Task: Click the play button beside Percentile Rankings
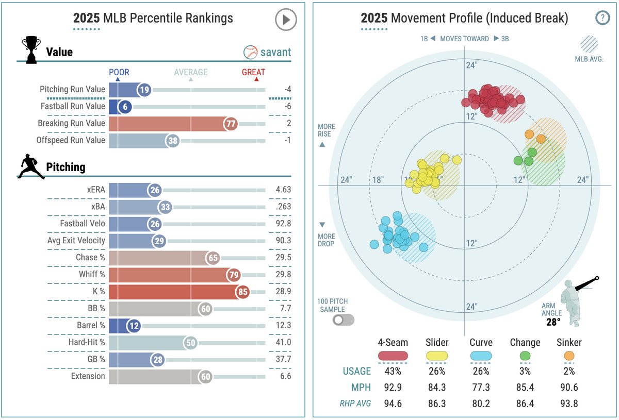286,20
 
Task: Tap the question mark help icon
602,18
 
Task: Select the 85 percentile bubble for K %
242,292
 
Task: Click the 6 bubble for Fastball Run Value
125,107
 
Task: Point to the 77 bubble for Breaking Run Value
231,124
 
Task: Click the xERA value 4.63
283,190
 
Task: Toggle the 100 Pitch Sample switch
344,320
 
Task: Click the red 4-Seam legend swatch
393,356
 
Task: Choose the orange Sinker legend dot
569,356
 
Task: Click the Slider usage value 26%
437,371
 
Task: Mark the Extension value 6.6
285,376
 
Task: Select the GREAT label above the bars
253,72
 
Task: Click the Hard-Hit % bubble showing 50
191,343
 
